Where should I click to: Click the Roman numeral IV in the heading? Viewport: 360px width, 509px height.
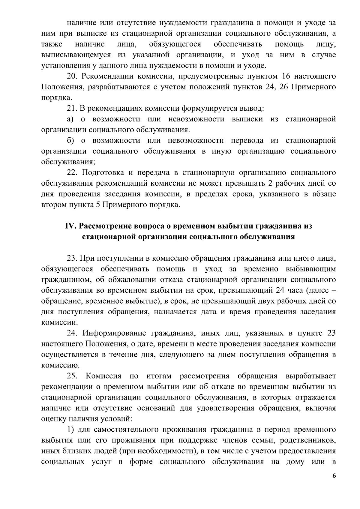click(x=70, y=226)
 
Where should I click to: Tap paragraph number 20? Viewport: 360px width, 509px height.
click(x=72, y=76)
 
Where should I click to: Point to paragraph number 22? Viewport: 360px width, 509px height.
click(x=72, y=173)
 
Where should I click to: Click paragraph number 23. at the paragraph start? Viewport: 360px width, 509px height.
click(x=72, y=258)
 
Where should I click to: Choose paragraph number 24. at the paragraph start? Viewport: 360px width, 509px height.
click(x=72, y=333)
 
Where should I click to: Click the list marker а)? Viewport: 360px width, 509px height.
click(x=70, y=119)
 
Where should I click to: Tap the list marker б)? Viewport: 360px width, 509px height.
click(x=70, y=140)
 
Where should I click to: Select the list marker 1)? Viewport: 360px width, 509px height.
click(x=70, y=430)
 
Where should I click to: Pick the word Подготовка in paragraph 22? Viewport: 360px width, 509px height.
click(x=103, y=173)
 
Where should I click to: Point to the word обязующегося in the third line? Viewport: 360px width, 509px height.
click(x=175, y=44)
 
